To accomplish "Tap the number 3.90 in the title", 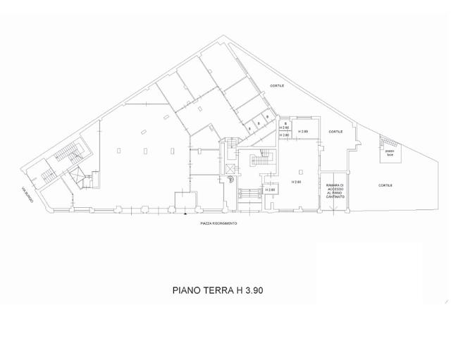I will pyautogui.click(x=259, y=290).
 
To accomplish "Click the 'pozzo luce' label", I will pyautogui.click(x=390, y=151).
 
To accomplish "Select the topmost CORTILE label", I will pyautogui.click(x=277, y=86).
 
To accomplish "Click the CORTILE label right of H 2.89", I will pyautogui.click(x=336, y=131).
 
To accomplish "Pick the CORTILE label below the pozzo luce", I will pyautogui.click(x=385, y=185).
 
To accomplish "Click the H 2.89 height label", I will pyautogui.click(x=303, y=132).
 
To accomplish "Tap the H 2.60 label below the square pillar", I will pyautogui.click(x=297, y=182).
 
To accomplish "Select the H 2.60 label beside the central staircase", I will pyautogui.click(x=270, y=190).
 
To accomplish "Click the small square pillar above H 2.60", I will pyautogui.click(x=301, y=171).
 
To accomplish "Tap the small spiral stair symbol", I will pyautogui.click(x=229, y=179).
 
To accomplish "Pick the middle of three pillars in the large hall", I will pyautogui.click(x=145, y=151).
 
